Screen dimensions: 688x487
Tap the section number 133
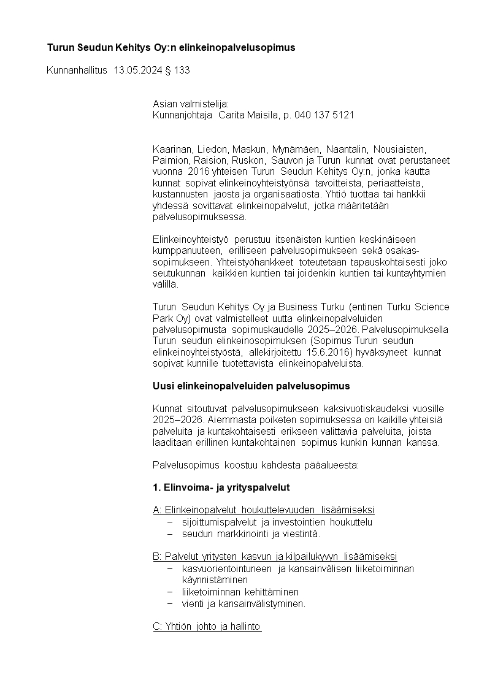point(182,71)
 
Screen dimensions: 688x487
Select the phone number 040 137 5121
point(324,115)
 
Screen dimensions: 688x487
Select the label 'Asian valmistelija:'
point(190,104)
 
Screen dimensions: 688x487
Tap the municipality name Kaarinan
point(173,149)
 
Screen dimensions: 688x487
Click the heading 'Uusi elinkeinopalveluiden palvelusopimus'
point(251,386)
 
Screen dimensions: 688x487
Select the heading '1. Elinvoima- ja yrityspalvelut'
point(221,487)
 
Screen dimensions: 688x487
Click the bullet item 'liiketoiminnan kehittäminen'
point(240,592)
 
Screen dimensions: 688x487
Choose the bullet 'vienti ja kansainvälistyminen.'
point(243,603)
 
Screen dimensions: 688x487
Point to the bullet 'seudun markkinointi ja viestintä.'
point(251,533)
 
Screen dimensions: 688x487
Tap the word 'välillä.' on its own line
point(166,284)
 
